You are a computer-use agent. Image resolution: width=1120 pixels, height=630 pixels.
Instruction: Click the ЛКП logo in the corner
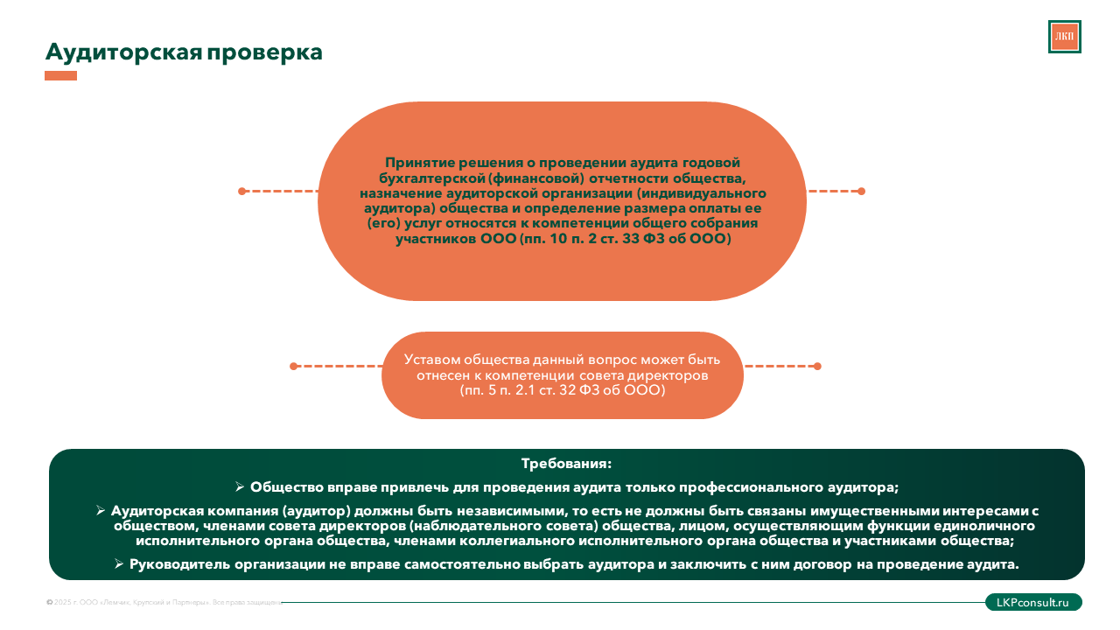[1064, 37]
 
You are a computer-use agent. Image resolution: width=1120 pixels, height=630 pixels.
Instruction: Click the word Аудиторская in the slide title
[123, 52]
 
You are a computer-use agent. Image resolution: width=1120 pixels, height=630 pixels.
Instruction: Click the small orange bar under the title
[60, 76]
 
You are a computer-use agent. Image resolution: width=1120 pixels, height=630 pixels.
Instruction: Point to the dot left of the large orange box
[242, 191]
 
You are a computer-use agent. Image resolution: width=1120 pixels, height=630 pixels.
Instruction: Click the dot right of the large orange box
[861, 191]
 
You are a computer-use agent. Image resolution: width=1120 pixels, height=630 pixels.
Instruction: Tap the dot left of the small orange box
[294, 366]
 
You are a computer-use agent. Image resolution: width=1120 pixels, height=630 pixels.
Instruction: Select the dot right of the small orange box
[817, 366]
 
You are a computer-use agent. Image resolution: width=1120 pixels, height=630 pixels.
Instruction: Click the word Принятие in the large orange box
[416, 162]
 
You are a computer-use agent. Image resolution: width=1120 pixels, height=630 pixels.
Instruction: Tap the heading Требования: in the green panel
[566, 464]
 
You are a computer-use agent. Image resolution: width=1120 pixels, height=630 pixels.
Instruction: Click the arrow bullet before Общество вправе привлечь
[240, 486]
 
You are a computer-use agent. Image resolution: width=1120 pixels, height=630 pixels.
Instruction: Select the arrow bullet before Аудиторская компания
[101, 509]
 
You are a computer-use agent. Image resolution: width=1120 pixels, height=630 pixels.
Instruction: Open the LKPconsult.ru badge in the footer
[1033, 602]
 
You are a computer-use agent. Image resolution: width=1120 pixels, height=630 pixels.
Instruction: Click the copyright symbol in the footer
[49, 602]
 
